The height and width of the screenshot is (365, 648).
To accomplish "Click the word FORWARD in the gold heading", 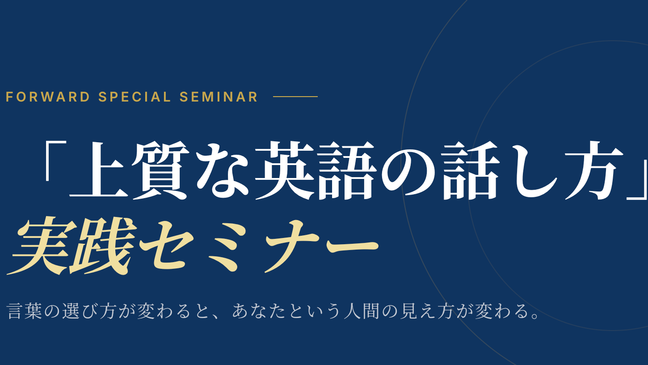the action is point(48,97).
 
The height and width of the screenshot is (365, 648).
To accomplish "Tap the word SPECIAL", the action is point(135,97).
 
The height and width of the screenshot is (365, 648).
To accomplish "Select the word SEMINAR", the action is point(219,97).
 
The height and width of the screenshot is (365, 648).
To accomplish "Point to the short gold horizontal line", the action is point(295,97).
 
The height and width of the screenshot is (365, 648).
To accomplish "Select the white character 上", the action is point(98,170).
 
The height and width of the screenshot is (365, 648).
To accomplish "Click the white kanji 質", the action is point(160,170).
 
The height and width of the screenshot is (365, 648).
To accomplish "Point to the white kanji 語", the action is point(347,170).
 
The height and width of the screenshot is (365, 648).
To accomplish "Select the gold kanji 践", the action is point(103,246).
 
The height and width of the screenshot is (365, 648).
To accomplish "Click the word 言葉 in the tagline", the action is point(25,311).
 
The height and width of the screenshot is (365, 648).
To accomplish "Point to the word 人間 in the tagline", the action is point(362,311).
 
